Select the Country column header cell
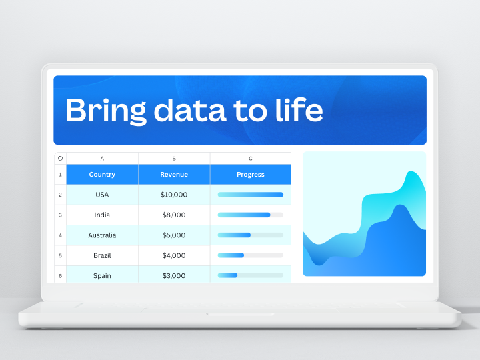102,175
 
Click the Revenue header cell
174,175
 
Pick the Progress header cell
251,175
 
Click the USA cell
102,195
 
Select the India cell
102,215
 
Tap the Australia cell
102,235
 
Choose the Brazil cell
102,255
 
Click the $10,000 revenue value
174,195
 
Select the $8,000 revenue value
174,215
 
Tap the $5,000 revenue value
174,235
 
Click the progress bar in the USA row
251,195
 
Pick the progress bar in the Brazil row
251,255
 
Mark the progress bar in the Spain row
251,275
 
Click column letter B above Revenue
174,158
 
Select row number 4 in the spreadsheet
60,235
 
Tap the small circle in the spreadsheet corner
60,158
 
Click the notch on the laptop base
240,314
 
